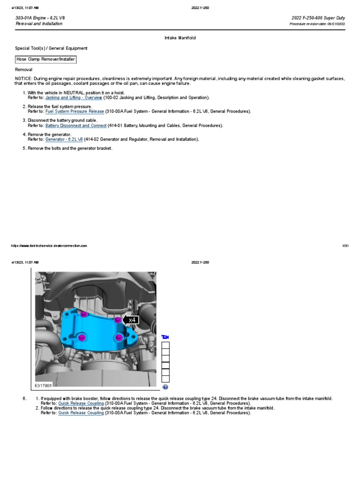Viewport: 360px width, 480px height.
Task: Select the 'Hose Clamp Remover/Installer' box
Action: (45, 60)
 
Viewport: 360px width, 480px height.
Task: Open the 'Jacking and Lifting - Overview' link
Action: (74, 97)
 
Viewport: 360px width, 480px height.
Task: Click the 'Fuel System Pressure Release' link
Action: (75, 112)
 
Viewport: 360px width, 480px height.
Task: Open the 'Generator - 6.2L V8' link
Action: (64, 139)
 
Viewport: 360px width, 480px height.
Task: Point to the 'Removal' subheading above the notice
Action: (24, 69)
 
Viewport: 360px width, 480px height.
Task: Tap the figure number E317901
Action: (43, 386)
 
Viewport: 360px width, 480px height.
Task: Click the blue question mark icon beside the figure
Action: (165, 387)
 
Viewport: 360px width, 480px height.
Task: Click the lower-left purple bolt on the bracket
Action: (82, 337)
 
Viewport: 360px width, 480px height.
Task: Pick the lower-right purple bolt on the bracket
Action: (119, 337)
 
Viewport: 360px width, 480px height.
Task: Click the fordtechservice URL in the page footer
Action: (48, 246)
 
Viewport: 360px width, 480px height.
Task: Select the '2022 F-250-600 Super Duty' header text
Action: (318, 18)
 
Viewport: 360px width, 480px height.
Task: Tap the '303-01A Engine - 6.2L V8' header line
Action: (40, 18)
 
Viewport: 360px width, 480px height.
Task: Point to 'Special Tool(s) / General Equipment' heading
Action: (51, 48)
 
